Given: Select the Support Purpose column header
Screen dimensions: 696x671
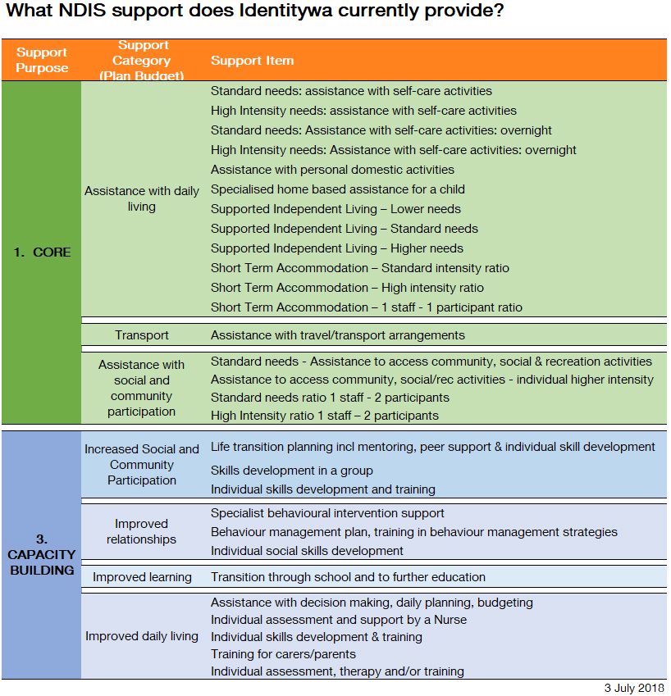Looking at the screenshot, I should coord(42,60).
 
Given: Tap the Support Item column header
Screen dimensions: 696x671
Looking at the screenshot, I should coord(252,61).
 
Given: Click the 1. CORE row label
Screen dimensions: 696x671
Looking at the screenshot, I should coord(42,252).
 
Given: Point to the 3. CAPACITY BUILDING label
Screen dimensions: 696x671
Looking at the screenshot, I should coord(42,554).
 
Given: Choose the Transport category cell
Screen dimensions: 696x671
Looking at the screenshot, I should coord(142,334).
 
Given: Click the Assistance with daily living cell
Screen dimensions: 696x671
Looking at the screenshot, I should coord(142,198).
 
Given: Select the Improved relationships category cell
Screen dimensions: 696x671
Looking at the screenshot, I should coord(142,531).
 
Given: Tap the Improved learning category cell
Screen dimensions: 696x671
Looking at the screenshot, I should coord(142,577).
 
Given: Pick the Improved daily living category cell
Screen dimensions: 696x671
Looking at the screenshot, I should coord(142,636).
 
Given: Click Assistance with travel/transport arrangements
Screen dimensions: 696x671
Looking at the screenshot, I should coord(337,334).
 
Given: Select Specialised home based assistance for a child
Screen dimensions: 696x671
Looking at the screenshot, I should coord(337,189).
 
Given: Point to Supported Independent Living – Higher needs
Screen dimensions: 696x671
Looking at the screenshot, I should coord(336,248).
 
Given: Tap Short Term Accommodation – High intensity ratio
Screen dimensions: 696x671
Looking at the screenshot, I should coord(347,288).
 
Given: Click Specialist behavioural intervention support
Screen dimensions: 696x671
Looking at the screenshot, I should coord(327,513).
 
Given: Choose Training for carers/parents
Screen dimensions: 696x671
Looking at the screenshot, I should coord(283,654).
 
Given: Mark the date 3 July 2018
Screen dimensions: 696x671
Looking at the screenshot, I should coord(632,687).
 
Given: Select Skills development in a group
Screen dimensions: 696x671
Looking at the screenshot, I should coord(291,471).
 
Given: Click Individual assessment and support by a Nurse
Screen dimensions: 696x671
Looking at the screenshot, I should coord(338,620).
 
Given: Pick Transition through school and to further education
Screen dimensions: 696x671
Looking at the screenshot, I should coord(348,577).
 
